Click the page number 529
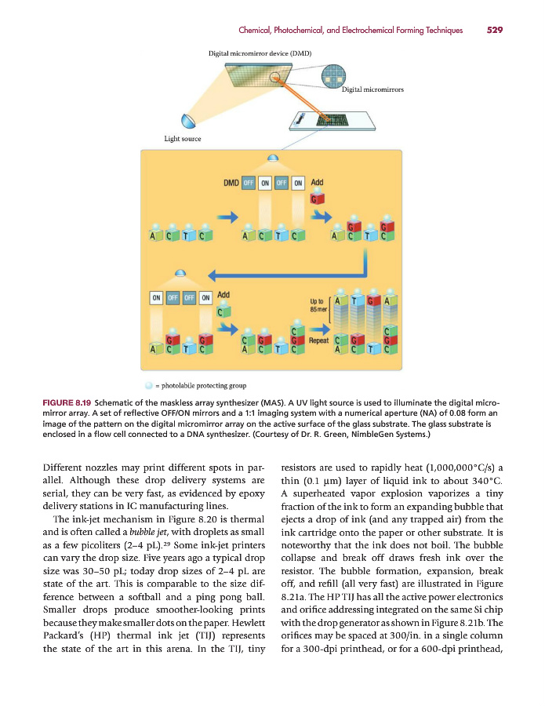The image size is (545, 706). click(494, 31)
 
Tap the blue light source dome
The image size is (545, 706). click(188, 122)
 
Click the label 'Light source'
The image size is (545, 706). click(182, 139)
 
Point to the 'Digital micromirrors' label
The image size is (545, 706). click(373, 90)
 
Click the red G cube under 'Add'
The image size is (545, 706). click(317, 198)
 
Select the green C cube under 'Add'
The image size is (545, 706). click(223, 311)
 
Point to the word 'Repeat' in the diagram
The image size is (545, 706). click(319, 340)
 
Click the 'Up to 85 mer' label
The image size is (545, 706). click(320, 305)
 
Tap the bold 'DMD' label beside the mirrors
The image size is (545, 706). click(231, 183)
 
